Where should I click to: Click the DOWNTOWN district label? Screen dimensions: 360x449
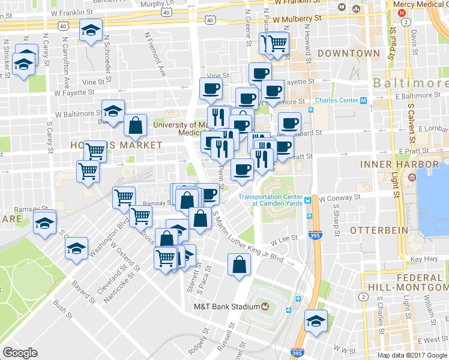(349, 53)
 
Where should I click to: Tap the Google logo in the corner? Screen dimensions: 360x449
(20, 353)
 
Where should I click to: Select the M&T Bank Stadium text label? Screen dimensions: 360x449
(226, 307)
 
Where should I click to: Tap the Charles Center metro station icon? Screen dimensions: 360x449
(363, 100)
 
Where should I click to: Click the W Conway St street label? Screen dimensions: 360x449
(339, 197)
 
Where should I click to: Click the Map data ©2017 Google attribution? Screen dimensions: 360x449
(412, 355)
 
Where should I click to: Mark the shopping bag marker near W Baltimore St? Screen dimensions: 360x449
(136, 125)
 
